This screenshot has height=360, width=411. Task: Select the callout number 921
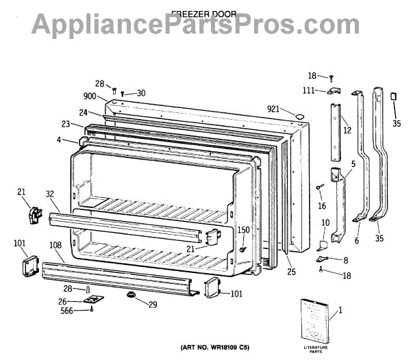point(274,110)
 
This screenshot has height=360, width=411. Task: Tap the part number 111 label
point(310,91)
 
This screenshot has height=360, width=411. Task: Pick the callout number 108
point(54,244)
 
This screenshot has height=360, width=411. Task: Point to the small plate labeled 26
point(92,300)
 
